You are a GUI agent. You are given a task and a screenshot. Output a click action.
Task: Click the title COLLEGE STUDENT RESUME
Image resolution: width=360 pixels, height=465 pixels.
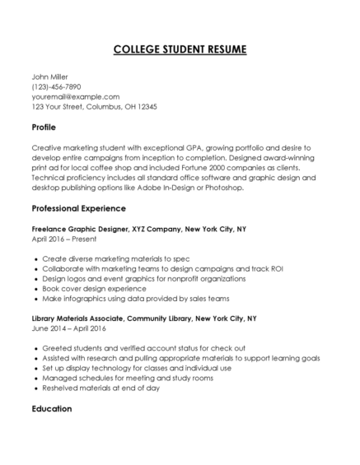(x=180, y=50)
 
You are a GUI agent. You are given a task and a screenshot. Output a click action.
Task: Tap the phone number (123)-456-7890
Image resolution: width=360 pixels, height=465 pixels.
(x=57, y=86)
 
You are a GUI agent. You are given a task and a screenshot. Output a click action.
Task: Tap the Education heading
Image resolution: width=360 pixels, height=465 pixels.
(x=52, y=408)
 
